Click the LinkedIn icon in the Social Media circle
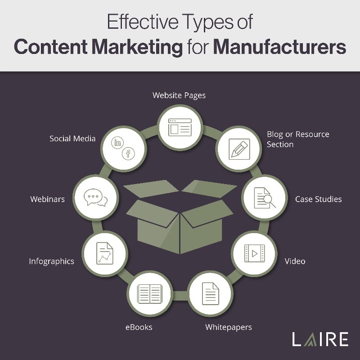[x=117, y=143]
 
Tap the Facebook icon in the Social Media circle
[x=128, y=153]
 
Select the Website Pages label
[x=179, y=95]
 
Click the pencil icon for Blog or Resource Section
[x=239, y=149]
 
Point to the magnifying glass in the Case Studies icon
[x=269, y=201]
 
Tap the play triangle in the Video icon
[x=255, y=253]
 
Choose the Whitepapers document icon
[x=211, y=294]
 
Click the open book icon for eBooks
[x=150, y=294]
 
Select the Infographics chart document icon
[x=105, y=253]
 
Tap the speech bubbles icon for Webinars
[x=96, y=198]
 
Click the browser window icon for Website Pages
[x=180, y=127]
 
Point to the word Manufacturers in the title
[x=279, y=47]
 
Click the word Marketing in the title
[x=137, y=48]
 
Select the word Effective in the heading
[x=143, y=22]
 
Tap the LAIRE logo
[x=320, y=339]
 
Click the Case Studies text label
[x=319, y=199]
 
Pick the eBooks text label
[x=139, y=327]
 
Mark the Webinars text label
[x=48, y=199]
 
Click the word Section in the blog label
[x=280, y=144]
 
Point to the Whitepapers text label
[x=229, y=328]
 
